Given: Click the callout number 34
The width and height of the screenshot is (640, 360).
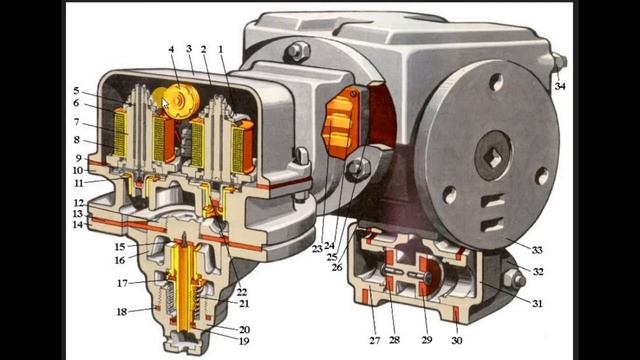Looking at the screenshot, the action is click(x=560, y=86).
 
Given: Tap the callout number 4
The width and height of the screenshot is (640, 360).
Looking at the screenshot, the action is click(x=171, y=49).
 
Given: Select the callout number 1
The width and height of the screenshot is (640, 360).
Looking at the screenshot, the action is click(x=221, y=49).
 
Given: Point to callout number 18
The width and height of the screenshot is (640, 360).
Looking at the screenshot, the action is click(x=122, y=312).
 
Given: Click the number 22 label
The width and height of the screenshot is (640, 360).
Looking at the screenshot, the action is click(x=242, y=292).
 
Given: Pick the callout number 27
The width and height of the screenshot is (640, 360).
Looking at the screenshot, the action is click(x=375, y=340).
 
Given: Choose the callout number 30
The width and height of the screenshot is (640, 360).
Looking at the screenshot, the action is click(x=457, y=340).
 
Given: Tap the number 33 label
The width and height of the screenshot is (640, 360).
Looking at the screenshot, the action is click(x=537, y=249).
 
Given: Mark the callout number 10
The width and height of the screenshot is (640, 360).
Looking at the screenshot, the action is click(x=78, y=170).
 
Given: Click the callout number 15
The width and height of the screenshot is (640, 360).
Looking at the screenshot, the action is click(x=120, y=247).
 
